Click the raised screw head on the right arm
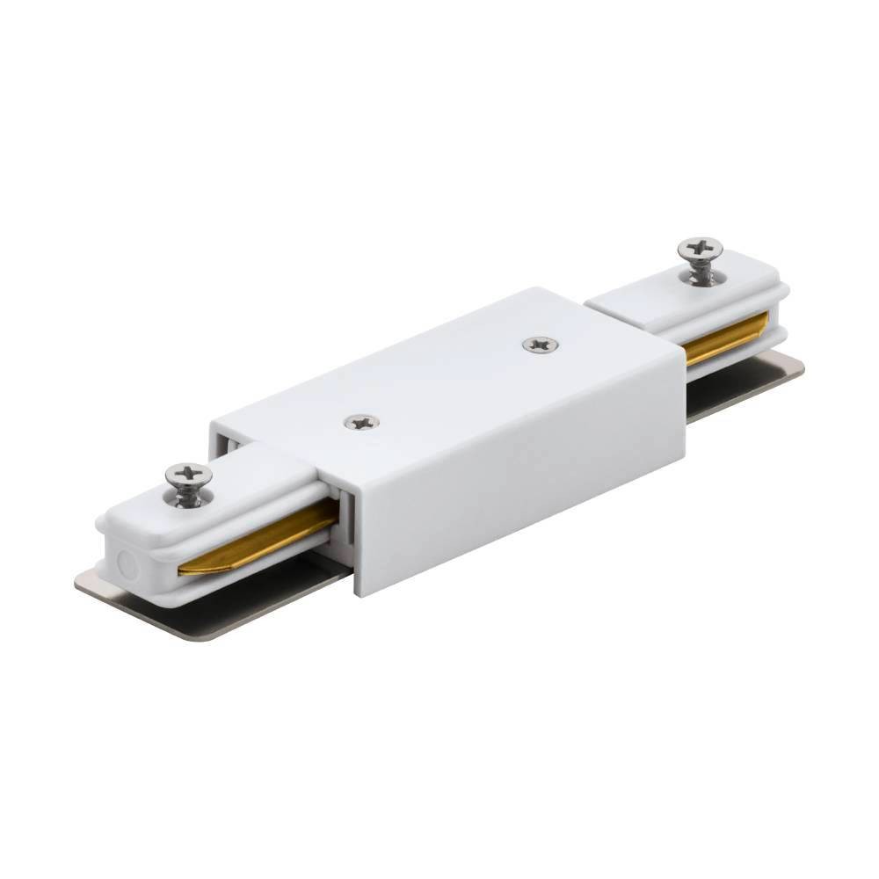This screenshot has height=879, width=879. pyautogui.click(x=700, y=248)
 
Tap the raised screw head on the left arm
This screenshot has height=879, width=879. pyautogui.click(x=188, y=475)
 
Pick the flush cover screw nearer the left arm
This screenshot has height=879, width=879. pyautogui.click(x=360, y=422)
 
